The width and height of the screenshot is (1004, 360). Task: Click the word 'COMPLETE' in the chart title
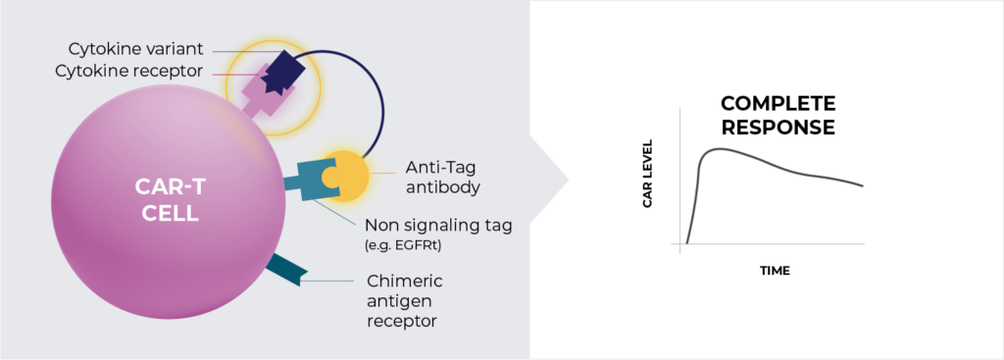tap(778, 103)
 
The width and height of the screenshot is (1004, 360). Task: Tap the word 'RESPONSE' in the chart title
tap(778, 127)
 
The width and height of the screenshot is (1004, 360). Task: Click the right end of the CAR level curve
tap(863, 185)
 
